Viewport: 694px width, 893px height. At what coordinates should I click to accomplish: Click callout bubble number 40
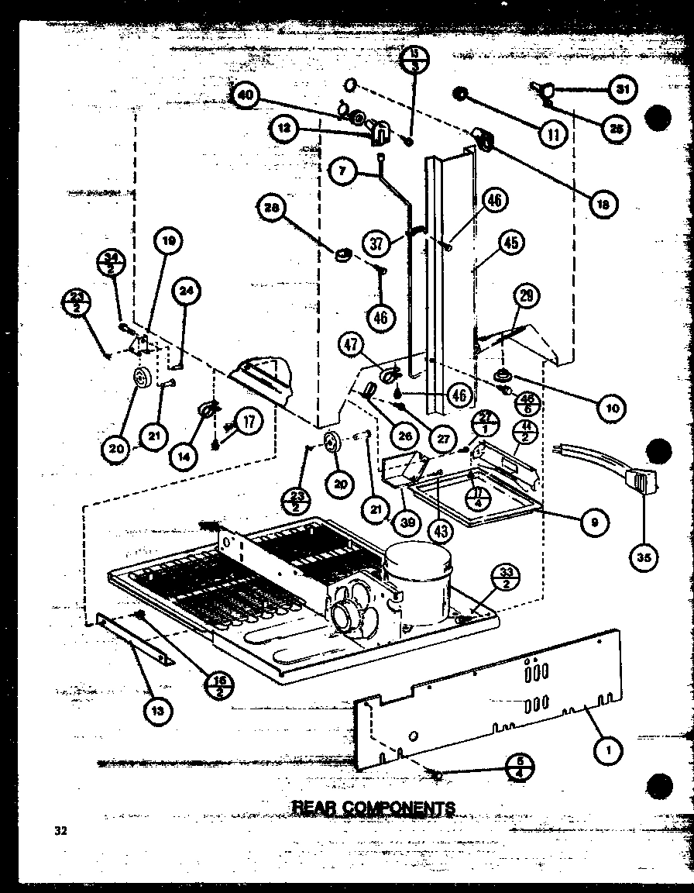pyautogui.click(x=246, y=96)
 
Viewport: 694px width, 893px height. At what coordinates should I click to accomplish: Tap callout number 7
pyautogui.click(x=342, y=171)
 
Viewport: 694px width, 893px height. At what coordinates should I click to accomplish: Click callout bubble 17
pyautogui.click(x=249, y=422)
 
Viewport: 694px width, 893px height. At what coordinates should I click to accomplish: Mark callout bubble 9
pyautogui.click(x=594, y=521)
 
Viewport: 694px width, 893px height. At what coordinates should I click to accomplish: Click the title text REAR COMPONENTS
pyautogui.click(x=373, y=808)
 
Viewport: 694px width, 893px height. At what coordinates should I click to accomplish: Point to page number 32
pyautogui.click(x=60, y=831)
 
